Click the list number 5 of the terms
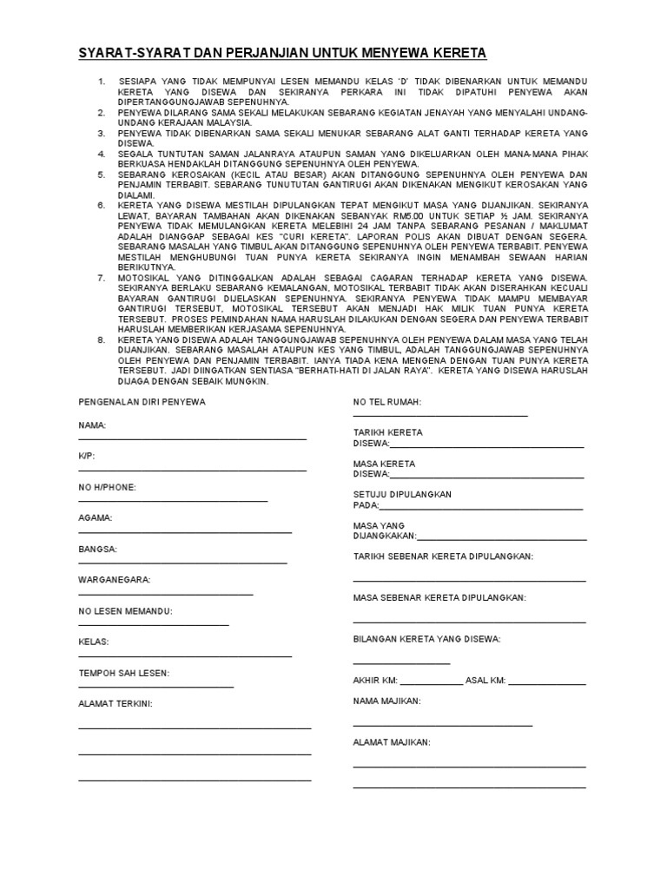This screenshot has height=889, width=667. pos(102,175)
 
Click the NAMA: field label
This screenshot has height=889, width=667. pos(92,425)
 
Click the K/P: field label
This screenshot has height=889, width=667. pos(87,456)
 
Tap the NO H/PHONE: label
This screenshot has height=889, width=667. pos(107,487)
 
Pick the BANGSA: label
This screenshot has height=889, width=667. pos(97,549)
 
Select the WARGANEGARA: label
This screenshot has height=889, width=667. pos(115,579)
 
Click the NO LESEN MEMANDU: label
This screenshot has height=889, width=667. pos(125,610)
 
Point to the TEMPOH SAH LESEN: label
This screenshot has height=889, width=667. pos(123,673)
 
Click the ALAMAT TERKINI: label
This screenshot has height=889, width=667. pos(116,703)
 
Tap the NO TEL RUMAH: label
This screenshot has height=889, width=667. pos(386,402)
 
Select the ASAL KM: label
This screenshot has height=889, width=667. pos(485,680)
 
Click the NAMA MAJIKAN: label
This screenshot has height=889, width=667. pos(386,700)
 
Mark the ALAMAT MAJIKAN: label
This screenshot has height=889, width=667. pos(391,742)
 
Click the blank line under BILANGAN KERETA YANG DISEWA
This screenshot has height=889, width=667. pos(401,662)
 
